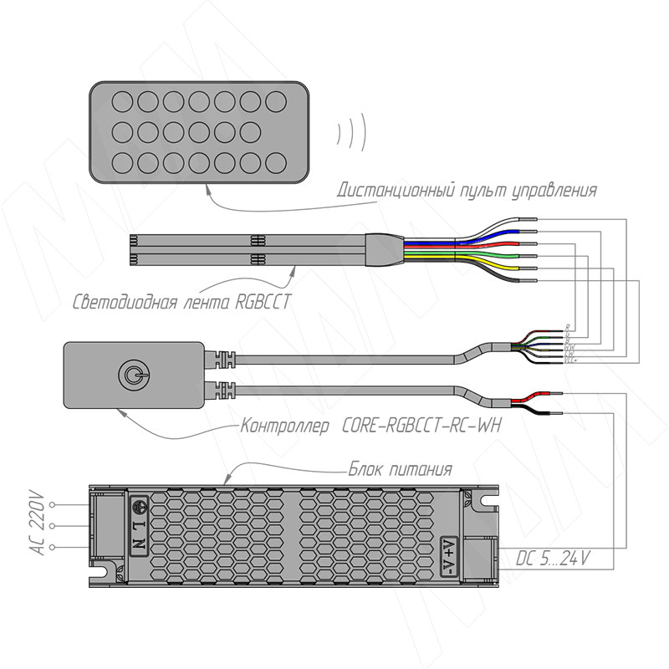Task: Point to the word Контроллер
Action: [286, 427]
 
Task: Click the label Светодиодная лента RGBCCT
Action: [182, 302]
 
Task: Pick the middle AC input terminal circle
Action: [54, 526]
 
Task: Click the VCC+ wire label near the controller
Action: [570, 360]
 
